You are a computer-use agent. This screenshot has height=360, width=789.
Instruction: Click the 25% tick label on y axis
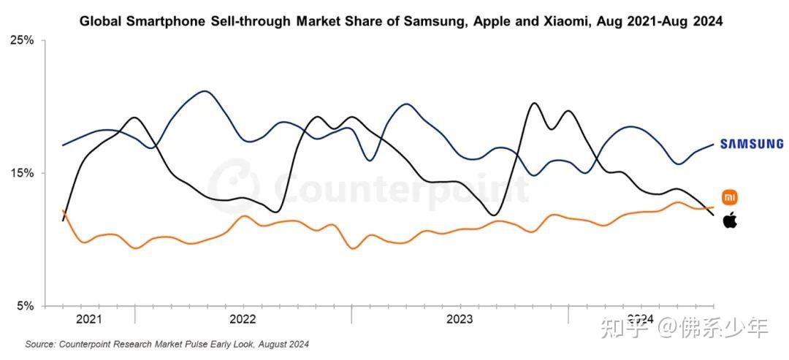[22, 40]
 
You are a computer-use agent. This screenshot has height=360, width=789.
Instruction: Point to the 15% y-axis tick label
[22, 173]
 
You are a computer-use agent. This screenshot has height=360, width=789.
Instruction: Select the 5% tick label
[24, 306]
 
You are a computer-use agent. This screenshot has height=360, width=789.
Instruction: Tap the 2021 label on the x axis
[88, 319]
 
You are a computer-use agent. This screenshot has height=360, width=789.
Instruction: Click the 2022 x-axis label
[243, 319]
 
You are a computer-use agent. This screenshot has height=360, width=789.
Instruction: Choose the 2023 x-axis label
[459, 319]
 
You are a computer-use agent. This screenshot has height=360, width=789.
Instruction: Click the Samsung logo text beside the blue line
[751, 145]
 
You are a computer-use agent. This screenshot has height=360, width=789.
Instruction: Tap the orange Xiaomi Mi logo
[730, 197]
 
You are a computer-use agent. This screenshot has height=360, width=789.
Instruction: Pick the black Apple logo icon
[730, 220]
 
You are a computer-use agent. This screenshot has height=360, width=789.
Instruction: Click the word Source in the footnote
[39, 344]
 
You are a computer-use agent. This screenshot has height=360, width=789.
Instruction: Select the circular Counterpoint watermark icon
[233, 186]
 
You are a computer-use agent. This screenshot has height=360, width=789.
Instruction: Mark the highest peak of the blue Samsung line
[205, 91]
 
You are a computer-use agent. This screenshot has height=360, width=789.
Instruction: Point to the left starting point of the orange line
[64, 211]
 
